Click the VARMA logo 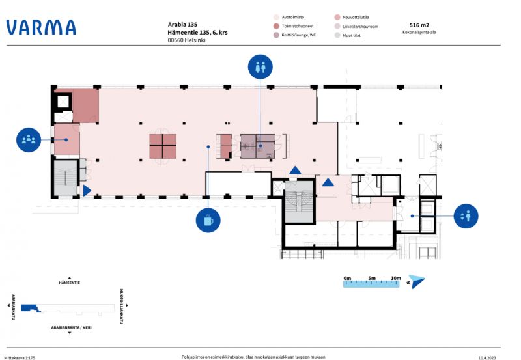(41, 27)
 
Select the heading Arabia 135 (182, 25)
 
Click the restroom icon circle (260, 66)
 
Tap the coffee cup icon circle (208, 220)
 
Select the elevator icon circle (467, 215)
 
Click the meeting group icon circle (29, 139)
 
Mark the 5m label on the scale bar (371, 278)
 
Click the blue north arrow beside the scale (417, 282)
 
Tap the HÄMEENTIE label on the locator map (69, 284)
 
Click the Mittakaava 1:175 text (20, 357)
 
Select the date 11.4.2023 (487, 357)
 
